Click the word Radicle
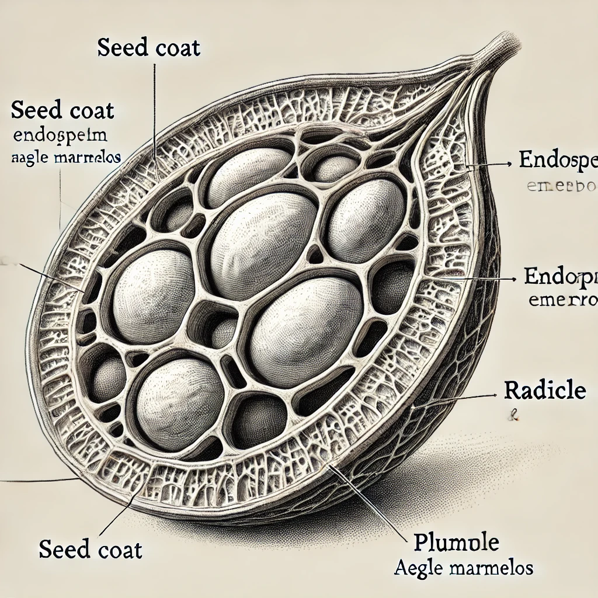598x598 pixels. click(x=545, y=391)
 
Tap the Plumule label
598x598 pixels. click(x=456, y=543)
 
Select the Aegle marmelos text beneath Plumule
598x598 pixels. click(x=464, y=567)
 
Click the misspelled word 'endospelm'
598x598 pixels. click(x=60, y=137)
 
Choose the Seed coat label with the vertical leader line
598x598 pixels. click(x=148, y=47)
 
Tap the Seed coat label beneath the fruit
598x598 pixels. click(x=91, y=550)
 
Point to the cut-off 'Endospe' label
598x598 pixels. click(x=558, y=161)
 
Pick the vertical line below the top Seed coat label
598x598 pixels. click(x=155, y=105)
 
